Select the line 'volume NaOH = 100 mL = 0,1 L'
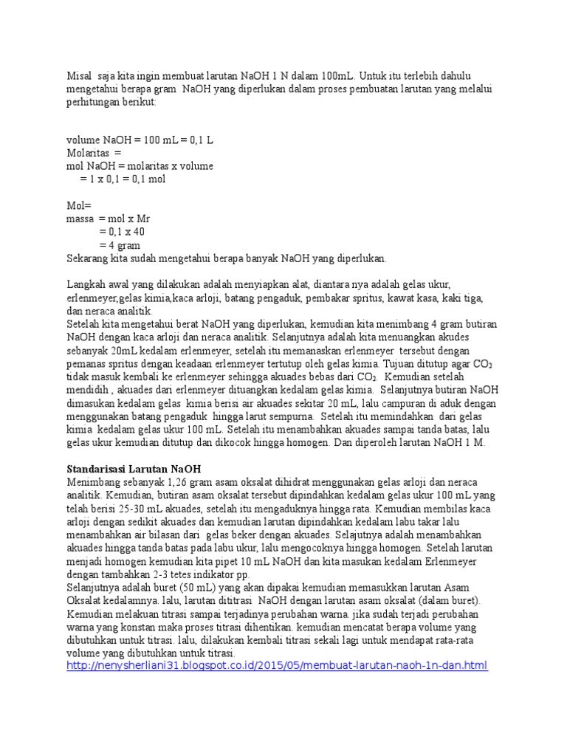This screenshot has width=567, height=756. (140, 140)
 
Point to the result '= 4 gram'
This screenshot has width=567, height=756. (120, 245)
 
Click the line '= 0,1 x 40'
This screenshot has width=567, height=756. (123, 232)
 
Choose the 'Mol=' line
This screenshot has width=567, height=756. (77, 205)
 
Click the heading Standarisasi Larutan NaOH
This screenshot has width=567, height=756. (134, 469)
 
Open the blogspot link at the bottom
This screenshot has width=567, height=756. (277, 666)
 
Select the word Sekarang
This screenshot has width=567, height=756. (87, 258)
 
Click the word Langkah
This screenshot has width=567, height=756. (85, 285)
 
